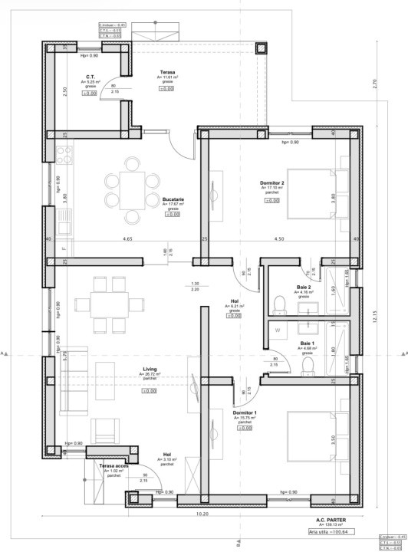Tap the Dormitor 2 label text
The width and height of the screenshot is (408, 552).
point(271,184)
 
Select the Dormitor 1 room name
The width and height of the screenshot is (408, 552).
point(245,412)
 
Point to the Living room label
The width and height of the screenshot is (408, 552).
point(150,369)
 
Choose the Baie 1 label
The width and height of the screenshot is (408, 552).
point(307,343)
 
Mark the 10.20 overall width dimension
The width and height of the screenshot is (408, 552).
point(202,514)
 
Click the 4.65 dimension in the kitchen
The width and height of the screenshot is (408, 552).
point(127,240)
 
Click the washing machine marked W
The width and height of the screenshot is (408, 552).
point(278,331)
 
